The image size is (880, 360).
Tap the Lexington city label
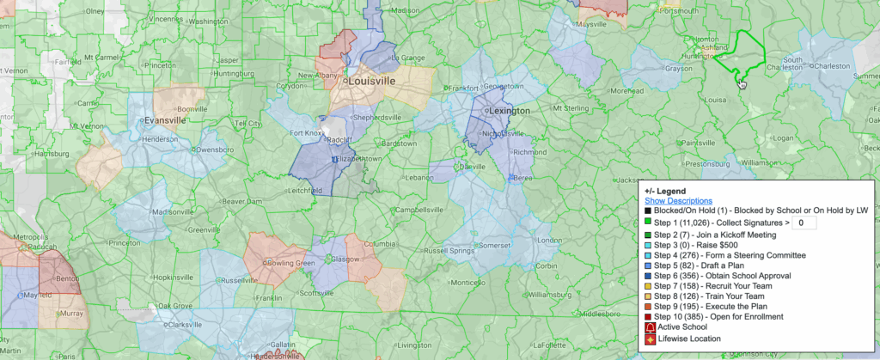(508, 111)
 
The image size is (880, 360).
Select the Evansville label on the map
(167, 120)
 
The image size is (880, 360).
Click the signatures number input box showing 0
(803, 223)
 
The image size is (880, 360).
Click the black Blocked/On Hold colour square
(647, 211)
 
